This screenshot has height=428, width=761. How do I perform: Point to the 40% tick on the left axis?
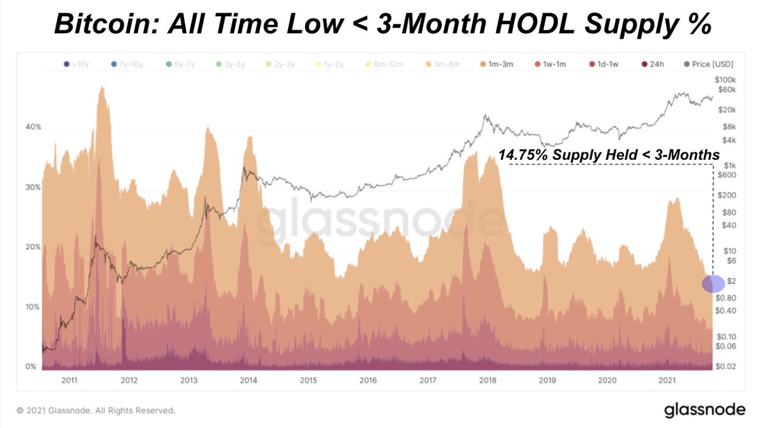click(x=33, y=127)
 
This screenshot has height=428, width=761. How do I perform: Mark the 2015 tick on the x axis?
click(x=308, y=380)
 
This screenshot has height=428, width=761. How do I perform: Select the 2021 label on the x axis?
click(x=667, y=380)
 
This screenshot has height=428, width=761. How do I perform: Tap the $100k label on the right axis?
click(x=724, y=80)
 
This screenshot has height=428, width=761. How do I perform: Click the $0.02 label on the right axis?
click(x=725, y=367)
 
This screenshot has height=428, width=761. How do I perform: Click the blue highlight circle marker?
click(x=713, y=283)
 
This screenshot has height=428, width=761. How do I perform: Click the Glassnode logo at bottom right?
click(x=705, y=410)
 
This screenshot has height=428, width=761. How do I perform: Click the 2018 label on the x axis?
click(x=488, y=380)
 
